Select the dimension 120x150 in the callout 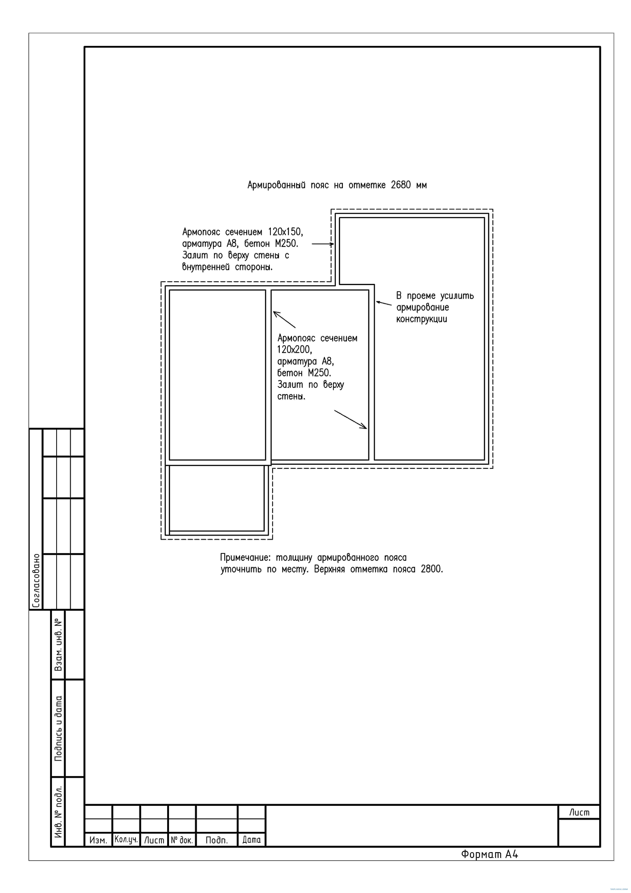click(x=285, y=232)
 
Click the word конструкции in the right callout click(x=422, y=319)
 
